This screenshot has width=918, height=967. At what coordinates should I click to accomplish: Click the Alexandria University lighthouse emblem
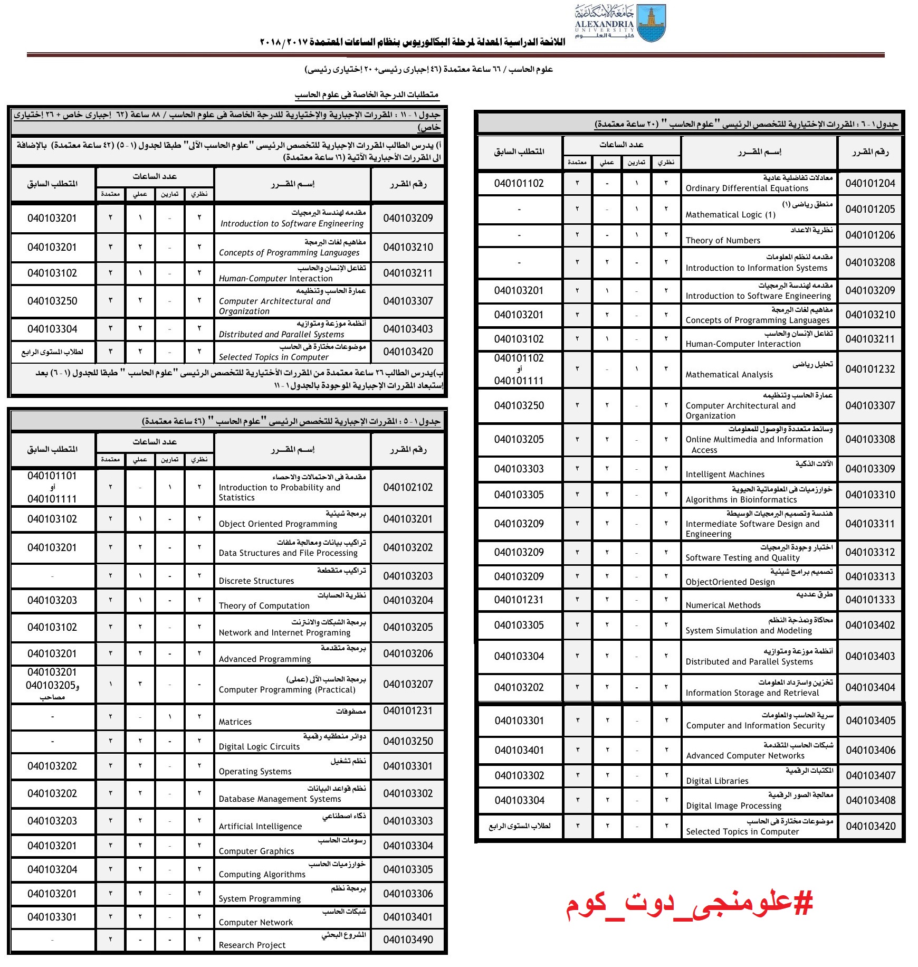651,23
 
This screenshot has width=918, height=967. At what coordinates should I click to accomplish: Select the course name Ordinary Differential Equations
747,188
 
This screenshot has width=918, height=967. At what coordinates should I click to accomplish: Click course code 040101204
870,183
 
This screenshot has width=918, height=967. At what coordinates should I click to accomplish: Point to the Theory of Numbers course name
723,241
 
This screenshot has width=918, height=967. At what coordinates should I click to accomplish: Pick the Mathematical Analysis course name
729,375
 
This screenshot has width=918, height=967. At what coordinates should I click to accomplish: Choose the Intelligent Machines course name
724,475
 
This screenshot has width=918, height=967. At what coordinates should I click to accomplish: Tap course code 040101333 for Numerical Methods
870,600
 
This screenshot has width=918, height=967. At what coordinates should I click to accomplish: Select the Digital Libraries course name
717,781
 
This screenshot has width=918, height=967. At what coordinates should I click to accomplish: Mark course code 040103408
871,800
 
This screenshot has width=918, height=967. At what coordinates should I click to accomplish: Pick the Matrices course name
235,722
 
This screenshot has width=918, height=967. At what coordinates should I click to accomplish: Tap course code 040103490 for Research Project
408,940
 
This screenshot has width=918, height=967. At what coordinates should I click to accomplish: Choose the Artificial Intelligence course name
260,827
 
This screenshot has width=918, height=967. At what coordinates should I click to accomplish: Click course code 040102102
408,487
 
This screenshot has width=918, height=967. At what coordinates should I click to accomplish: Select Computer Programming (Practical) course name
287,690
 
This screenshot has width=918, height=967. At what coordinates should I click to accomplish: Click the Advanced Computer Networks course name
745,756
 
